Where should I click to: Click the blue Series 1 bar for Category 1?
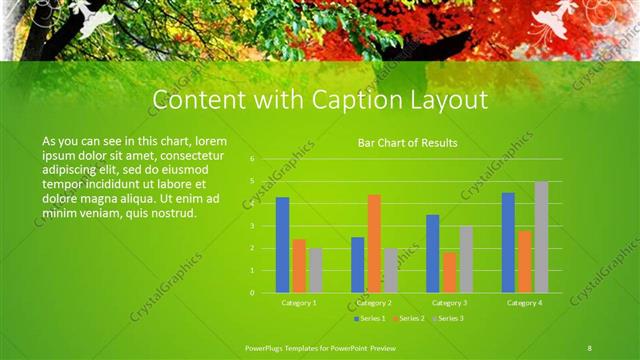283,245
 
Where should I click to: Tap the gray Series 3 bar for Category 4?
541,237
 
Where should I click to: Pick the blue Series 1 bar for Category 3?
433,253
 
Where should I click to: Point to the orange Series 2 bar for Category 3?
449,272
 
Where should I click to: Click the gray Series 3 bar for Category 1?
315,270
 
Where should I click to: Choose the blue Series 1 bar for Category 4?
508,242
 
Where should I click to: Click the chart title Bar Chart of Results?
407,143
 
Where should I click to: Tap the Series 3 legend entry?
447,318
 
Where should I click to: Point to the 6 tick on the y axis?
253,159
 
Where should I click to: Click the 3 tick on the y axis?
253,226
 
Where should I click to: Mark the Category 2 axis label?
374,302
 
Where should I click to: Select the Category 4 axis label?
524,302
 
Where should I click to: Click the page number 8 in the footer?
590,346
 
